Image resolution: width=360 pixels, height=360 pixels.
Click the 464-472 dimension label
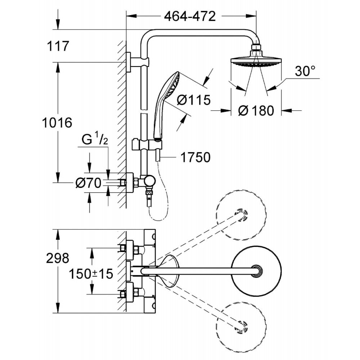click(x=190, y=16)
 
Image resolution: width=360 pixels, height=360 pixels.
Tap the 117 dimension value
click(x=58, y=46)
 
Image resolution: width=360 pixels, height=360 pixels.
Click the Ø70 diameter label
click(x=88, y=183)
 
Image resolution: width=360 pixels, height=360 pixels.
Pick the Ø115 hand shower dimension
click(x=193, y=100)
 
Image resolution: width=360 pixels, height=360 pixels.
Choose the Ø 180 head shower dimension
click(x=256, y=111)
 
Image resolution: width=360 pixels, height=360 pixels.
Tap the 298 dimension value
click(x=58, y=258)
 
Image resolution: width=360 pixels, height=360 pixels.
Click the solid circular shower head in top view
click(x=256, y=271)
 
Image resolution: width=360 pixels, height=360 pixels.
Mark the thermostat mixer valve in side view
click(x=137, y=183)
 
